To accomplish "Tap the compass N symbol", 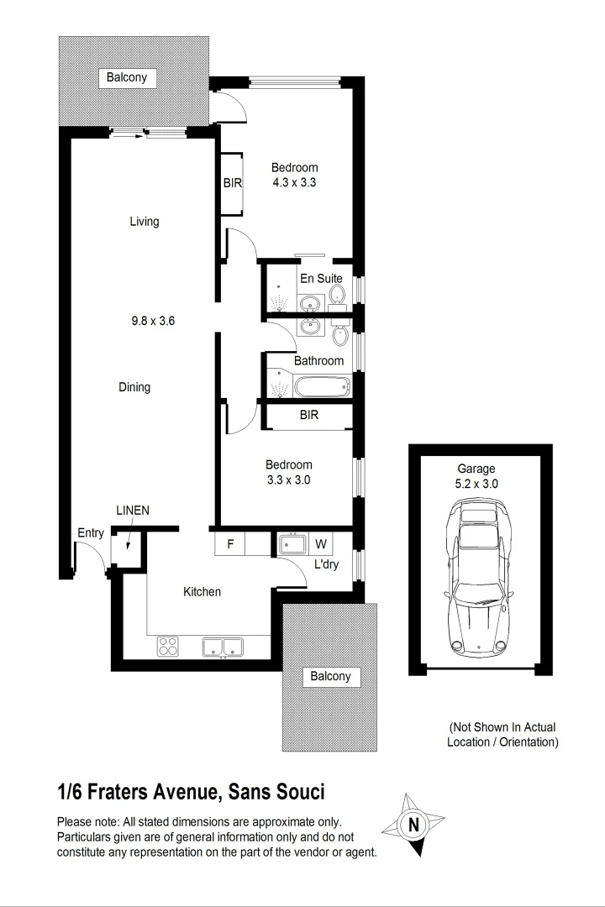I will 413,825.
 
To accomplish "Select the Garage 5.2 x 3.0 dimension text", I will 476,484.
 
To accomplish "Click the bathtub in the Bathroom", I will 321,387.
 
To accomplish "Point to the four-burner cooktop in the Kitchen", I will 168,647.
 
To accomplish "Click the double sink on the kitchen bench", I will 222,647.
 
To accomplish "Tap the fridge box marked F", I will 229,543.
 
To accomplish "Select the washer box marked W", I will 319,543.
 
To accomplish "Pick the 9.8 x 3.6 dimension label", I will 152,319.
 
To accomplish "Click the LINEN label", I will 133,511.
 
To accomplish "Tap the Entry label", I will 91,532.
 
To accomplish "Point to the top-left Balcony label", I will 127,77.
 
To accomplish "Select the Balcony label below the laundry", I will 330,676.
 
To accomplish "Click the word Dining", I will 134,387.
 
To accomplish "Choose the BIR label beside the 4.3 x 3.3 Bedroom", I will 233,181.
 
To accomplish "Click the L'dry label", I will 326,564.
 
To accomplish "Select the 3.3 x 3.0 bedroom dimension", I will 289,480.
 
